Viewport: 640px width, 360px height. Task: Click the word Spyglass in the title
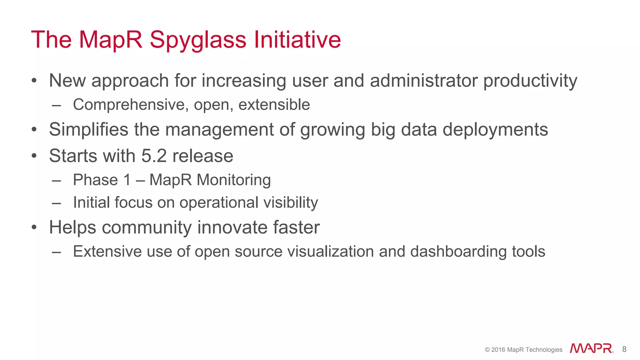coord(198,40)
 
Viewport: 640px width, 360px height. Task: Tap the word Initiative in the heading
coord(297,39)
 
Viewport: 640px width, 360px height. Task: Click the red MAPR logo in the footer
coord(591,348)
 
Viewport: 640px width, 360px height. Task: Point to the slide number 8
coord(624,349)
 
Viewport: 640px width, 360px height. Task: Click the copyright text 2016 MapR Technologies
coord(523,350)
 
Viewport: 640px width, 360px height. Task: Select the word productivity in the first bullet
coord(530,81)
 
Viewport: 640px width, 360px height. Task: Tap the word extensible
coord(274,104)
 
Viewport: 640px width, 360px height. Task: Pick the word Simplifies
coord(88,129)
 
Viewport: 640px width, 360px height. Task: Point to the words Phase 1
coord(102,180)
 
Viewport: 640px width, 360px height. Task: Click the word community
coord(147,227)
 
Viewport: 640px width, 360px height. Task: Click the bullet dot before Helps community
coord(34,227)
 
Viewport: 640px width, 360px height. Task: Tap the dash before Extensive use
coord(57,252)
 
